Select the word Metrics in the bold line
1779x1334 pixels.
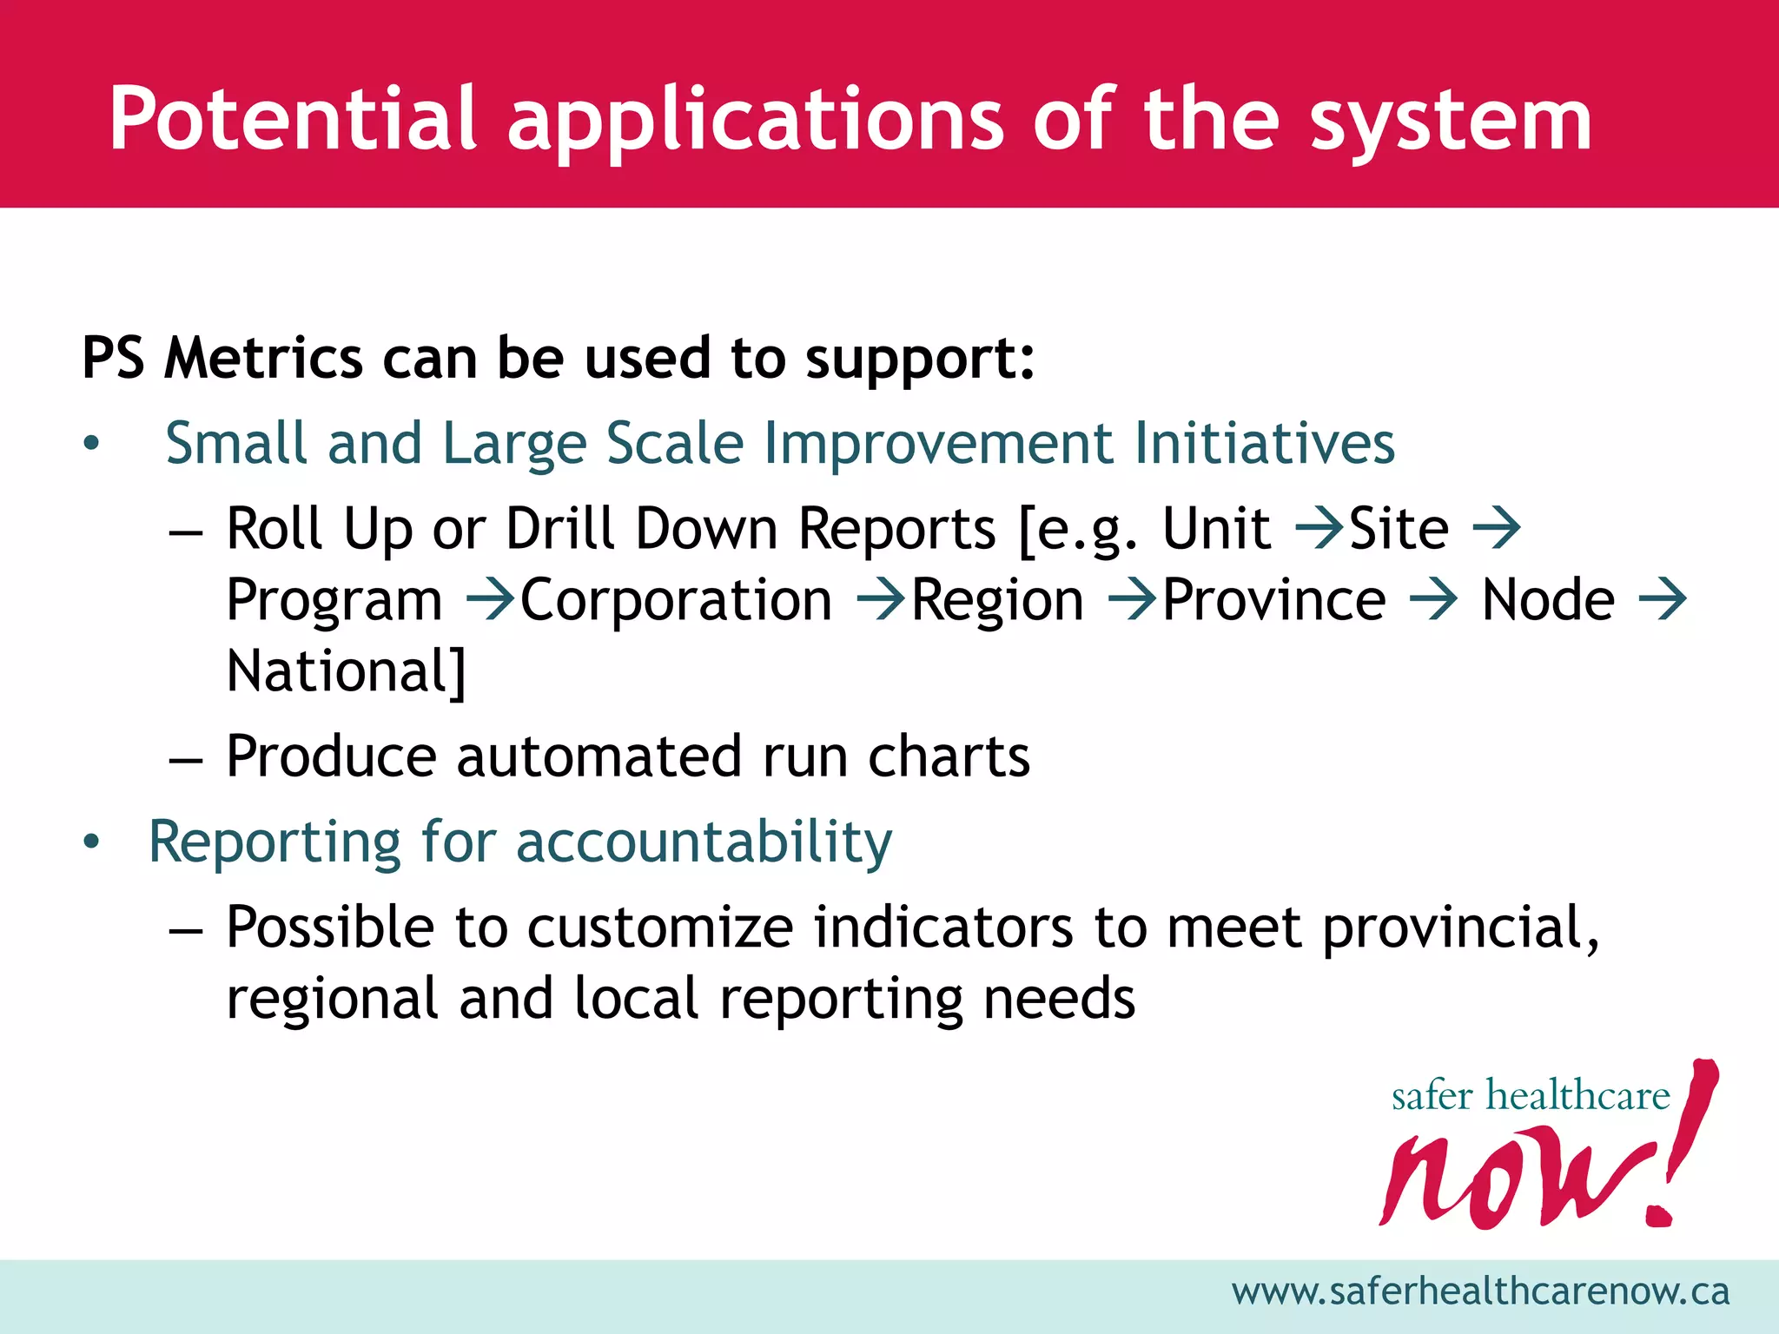(x=263, y=358)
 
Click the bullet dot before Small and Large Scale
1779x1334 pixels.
(x=92, y=445)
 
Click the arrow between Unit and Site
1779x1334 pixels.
(x=1319, y=528)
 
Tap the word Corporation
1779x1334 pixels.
(x=676, y=600)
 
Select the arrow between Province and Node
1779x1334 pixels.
(x=1433, y=600)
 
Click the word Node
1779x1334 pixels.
(x=1548, y=600)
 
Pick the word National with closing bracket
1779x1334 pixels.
(x=346, y=671)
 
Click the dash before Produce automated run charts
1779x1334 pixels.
(x=186, y=758)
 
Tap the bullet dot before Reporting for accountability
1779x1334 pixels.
(x=92, y=842)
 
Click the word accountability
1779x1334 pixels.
(x=704, y=842)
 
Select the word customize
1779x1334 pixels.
(x=660, y=928)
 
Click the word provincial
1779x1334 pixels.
(x=1459, y=928)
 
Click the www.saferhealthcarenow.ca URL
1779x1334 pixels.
(x=1480, y=1291)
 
